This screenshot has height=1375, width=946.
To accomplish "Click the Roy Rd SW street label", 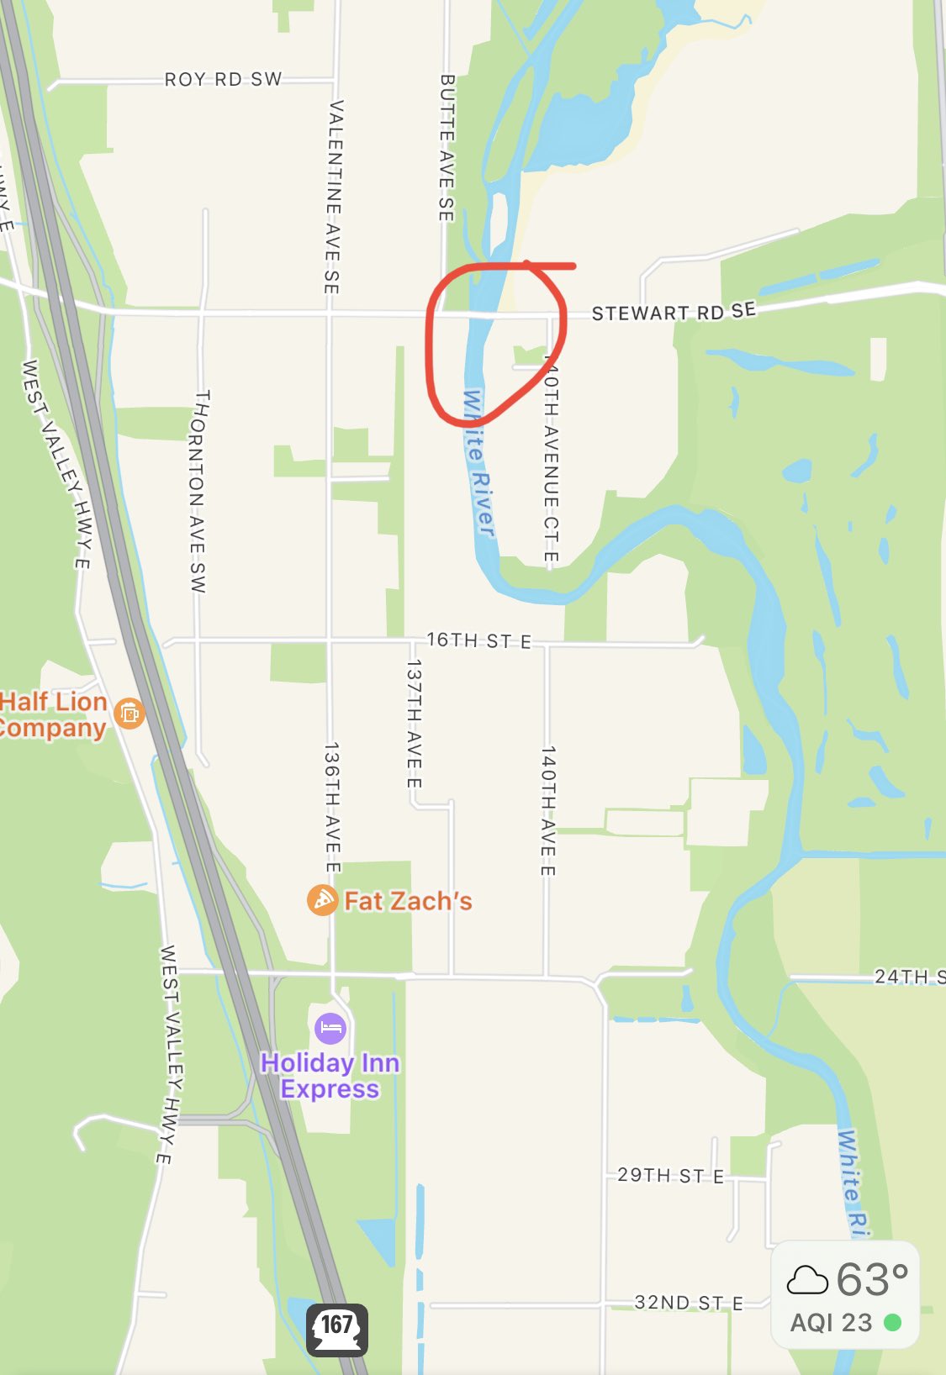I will (x=223, y=79).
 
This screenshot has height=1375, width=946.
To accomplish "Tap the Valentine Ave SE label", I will (x=333, y=197).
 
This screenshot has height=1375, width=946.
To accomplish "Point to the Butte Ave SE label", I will (x=447, y=148).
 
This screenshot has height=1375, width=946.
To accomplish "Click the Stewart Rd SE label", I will (x=673, y=312).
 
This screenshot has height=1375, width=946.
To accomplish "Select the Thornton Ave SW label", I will (x=198, y=491).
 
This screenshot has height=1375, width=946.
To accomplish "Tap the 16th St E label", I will (x=478, y=640).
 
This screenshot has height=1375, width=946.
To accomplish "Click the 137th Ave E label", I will (x=414, y=723).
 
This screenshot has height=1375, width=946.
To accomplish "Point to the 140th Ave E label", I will (x=547, y=810).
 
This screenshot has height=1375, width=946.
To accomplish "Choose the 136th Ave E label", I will (x=332, y=807).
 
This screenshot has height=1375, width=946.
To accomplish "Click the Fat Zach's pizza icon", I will (x=322, y=900).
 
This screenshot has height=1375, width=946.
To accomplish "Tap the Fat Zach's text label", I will (x=408, y=901).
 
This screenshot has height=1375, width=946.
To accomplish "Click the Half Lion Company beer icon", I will (x=129, y=714).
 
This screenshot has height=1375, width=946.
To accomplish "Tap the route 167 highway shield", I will (x=336, y=1329).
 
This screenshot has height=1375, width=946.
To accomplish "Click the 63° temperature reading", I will (x=872, y=1280).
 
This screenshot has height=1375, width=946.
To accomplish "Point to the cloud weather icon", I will (x=806, y=1280).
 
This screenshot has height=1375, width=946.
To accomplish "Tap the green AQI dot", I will (x=892, y=1323).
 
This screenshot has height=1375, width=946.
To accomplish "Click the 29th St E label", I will (x=670, y=1175).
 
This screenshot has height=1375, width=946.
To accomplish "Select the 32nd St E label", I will (x=689, y=1303).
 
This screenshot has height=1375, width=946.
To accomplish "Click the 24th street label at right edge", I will (x=909, y=976).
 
